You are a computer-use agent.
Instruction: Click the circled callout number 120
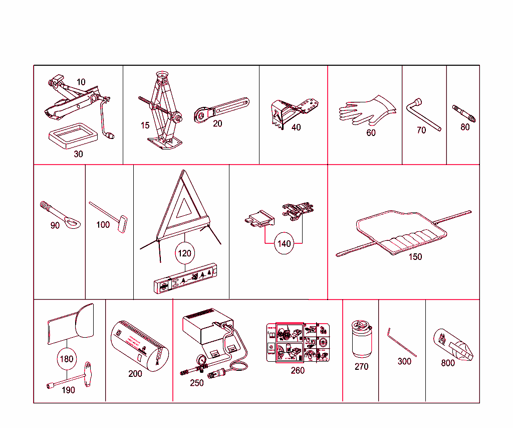pyautogui.click(x=185, y=253)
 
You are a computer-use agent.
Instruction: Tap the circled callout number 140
pyautogui.click(x=284, y=244)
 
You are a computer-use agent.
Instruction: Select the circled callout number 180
pyautogui.click(x=66, y=359)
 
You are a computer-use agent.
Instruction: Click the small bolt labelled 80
pyautogui.click(x=464, y=113)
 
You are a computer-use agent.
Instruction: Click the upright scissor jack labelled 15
pyautogui.click(x=165, y=110)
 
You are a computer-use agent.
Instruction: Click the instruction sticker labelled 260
pyautogui.click(x=297, y=343)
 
